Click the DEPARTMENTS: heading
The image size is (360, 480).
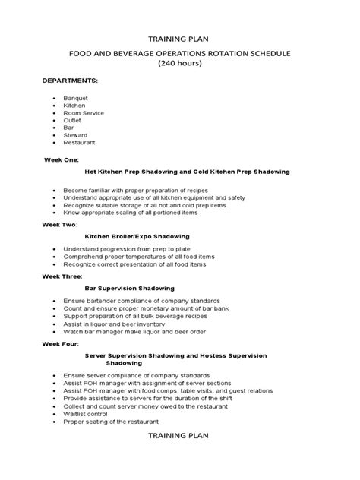point(70,80)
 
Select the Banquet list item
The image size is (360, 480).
point(75,99)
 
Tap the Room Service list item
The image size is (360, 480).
point(84,113)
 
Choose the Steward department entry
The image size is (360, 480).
point(75,135)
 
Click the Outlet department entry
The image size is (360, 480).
point(73,121)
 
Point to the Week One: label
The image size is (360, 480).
point(61,160)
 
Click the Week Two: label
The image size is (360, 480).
point(61,225)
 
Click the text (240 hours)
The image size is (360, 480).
point(180,64)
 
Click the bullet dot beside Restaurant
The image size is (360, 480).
point(52,143)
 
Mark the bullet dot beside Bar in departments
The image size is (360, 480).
point(52,128)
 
